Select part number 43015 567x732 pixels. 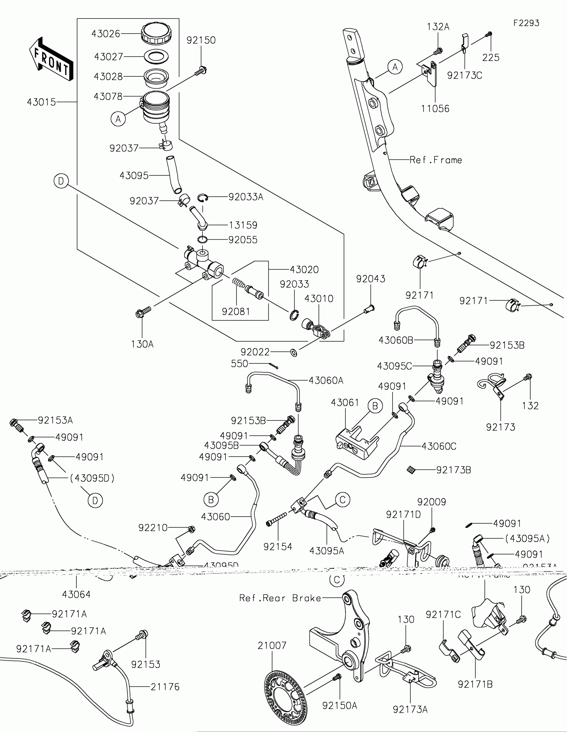(41, 102)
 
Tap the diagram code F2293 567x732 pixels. (526, 23)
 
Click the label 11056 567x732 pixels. (435, 109)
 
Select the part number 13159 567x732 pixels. (243, 225)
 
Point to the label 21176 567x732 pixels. (165, 687)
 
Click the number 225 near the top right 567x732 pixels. (491, 58)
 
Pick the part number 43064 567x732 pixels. (76, 595)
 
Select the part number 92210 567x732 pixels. (153, 528)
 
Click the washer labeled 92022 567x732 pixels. (294, 352)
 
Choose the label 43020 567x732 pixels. (304, 269)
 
